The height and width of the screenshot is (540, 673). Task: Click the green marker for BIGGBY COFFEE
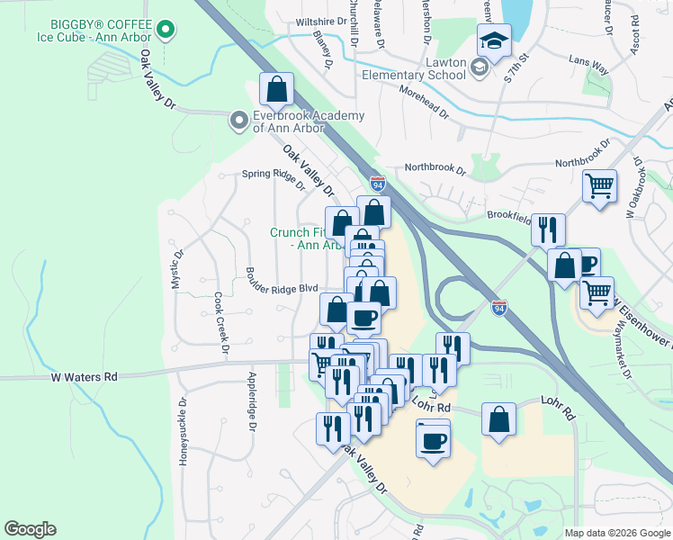click(x=165, y=31)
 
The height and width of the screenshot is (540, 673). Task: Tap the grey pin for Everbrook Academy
click(x=238, y=120)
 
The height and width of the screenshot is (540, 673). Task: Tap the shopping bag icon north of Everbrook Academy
click(x=276, y=89)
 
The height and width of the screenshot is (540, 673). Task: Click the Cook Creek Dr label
click(x=220, y=322)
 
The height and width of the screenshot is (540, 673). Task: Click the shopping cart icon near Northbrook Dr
click(x=599, y=186)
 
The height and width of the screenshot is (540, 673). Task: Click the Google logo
click(x=30, y=529)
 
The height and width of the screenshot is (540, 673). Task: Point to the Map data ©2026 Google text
click(x=616, y=533)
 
